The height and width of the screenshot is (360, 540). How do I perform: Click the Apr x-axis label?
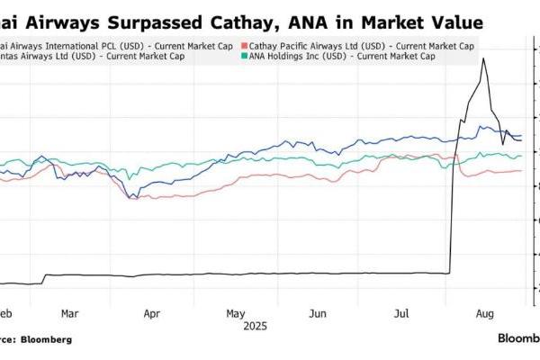pos(151,314)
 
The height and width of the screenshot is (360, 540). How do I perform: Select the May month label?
pos(235,314)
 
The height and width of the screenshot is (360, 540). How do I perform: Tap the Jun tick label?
pos(317,314)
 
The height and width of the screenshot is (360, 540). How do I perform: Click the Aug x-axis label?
pos(483,314)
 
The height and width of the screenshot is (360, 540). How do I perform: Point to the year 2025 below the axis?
pos(255,326)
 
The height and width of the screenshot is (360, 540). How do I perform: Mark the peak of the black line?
pos(485,58)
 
